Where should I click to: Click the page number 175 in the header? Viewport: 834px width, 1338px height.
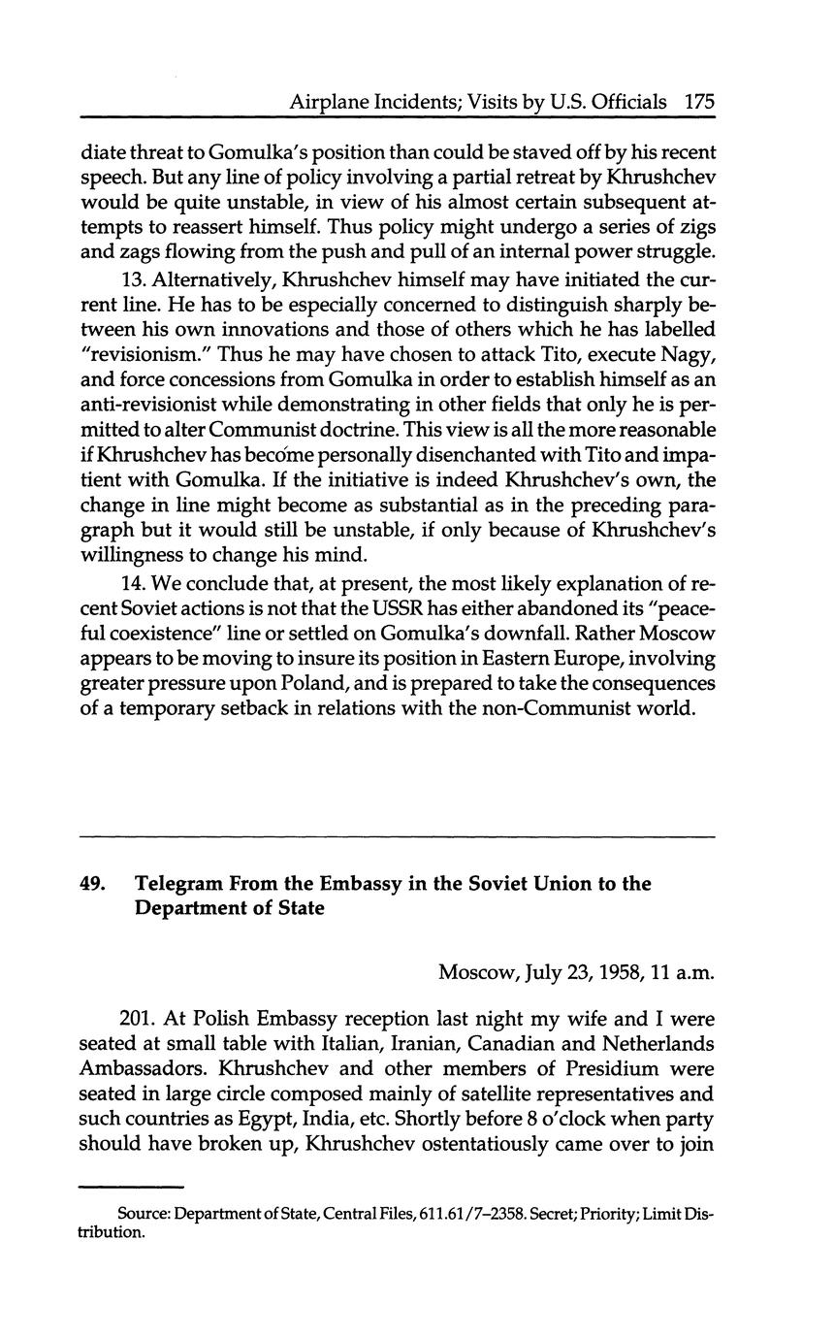click(699, 101)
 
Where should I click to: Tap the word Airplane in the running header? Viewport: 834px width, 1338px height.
click(324, 101)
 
